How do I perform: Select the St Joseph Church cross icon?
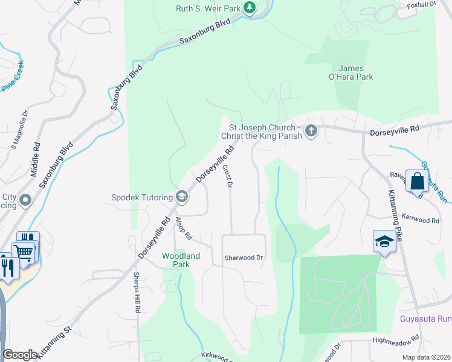tap(311, 131)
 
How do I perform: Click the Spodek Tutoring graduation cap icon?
tap(181, 196)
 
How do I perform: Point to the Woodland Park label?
tap(181, 260)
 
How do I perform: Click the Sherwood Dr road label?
tap(244, 258)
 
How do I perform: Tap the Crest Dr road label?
tap(228, 176)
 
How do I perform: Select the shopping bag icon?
tap(417, 180)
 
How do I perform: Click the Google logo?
tap(20, 355)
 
